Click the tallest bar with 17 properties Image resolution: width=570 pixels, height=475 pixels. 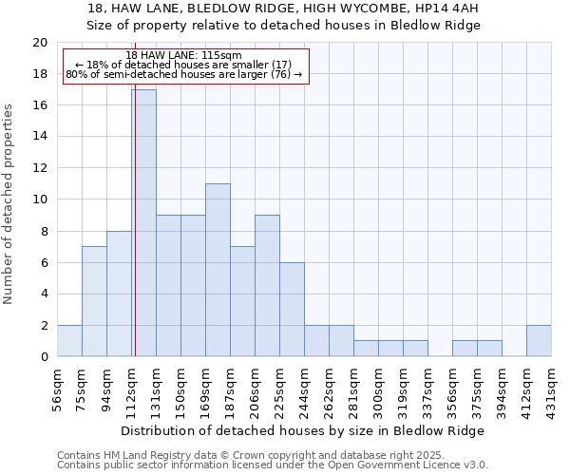click(143, 223)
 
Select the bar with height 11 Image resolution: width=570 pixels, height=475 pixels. click(218, 270)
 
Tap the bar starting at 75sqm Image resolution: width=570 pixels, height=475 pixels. click(94, 301)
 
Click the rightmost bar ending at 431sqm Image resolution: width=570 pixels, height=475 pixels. click(539, 341)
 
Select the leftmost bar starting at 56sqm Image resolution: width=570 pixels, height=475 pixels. click(69, 341)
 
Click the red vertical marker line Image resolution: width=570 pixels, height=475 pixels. click(135, 237)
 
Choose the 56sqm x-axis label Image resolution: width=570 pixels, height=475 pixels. click(58, 384)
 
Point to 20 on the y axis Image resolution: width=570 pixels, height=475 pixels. click(40, 43)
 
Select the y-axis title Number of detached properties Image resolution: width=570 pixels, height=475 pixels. click(9, 204)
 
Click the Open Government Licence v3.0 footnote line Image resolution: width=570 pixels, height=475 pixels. click(273, 465)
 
